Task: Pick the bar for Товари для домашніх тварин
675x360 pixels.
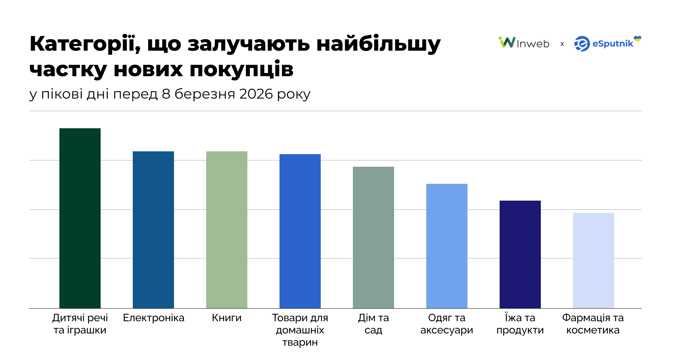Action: click(300, 231)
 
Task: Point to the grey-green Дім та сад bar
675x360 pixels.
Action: click(373, 237)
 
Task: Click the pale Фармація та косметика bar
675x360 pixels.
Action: click(594, 260)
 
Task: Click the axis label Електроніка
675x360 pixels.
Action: click(153, 318)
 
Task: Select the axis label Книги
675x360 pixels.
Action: click(227, 318)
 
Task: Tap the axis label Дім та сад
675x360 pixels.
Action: click(373, 324)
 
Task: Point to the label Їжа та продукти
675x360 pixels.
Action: click(520, 324)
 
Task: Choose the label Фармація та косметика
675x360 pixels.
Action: click(593, 324)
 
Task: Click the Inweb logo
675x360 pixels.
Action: click(524, 43)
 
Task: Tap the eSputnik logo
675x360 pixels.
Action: click(604, 44)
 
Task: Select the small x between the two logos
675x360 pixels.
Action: click(562, 44)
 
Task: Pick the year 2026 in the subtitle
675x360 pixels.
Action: click(256, 94)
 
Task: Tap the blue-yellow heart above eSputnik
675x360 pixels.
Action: click(638, 39)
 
